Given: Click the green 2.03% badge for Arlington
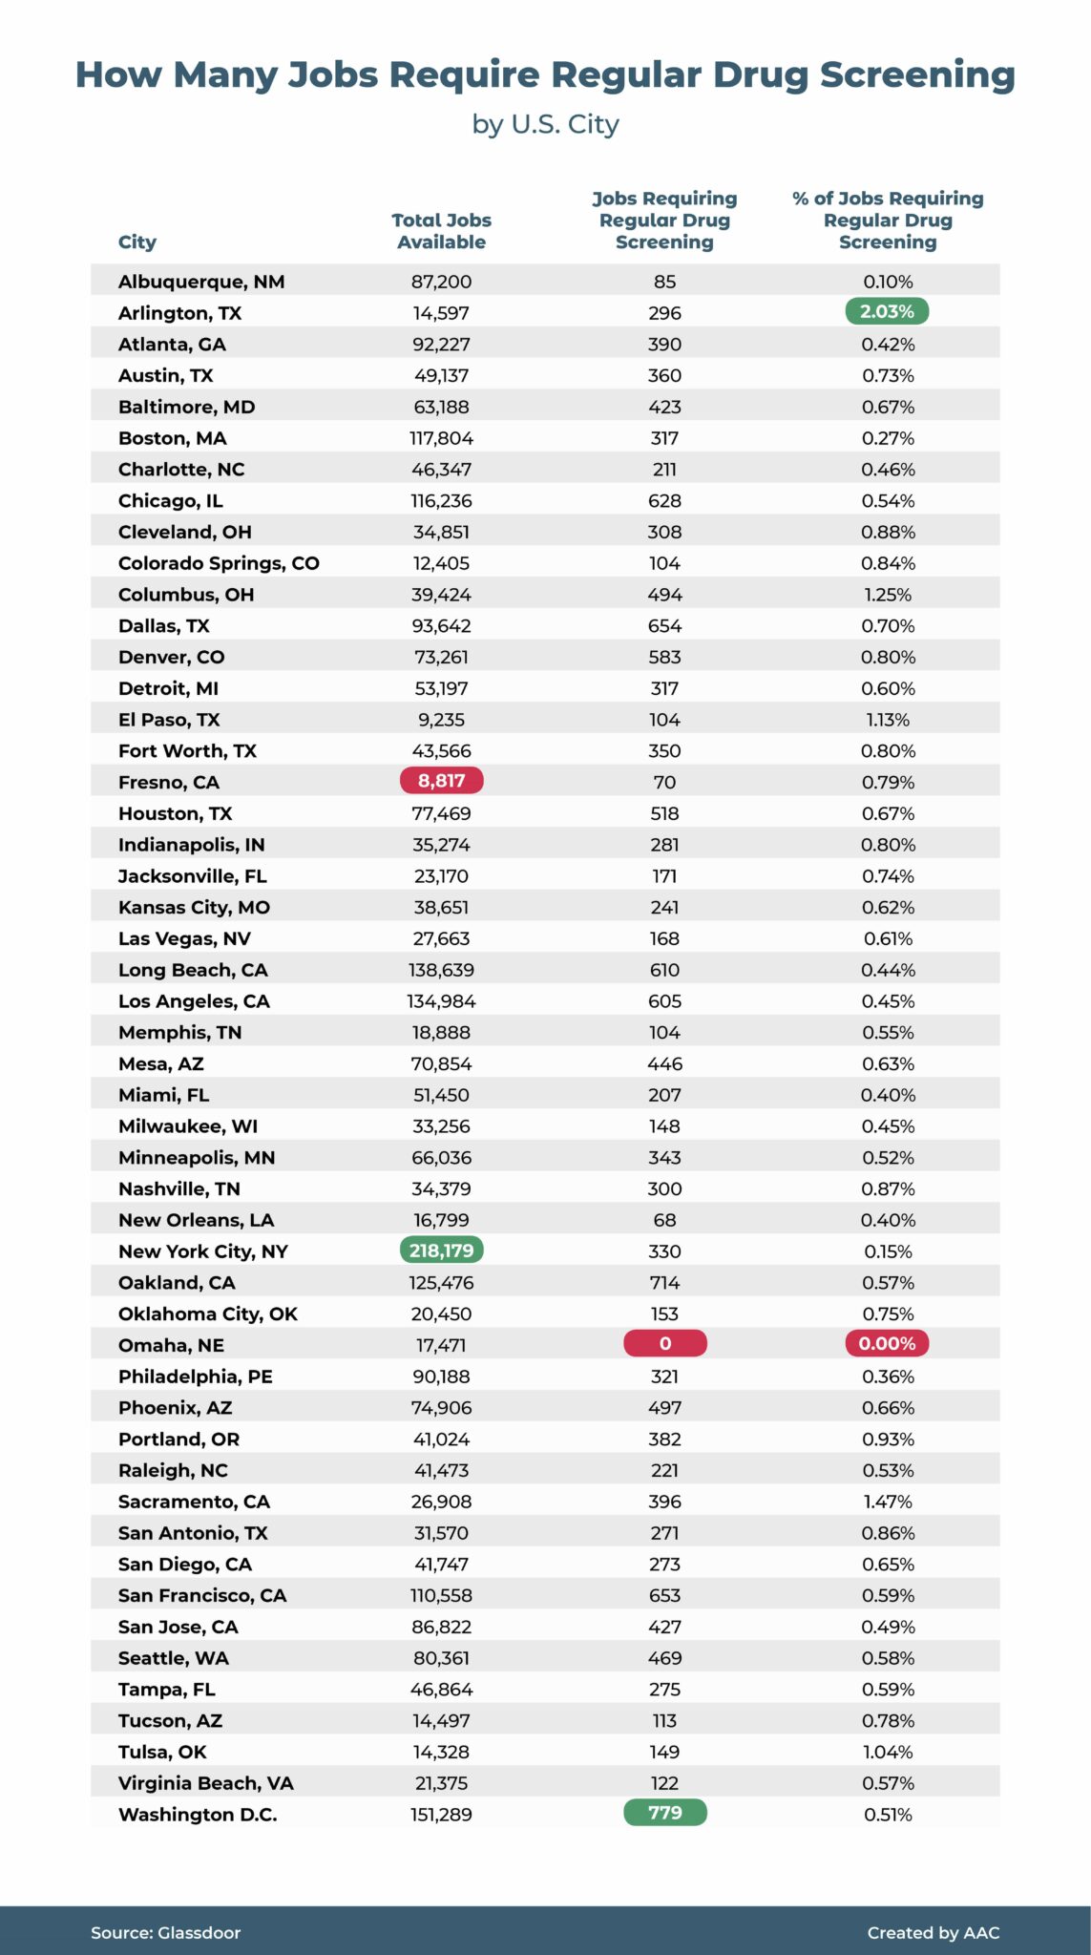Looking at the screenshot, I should [887, 311].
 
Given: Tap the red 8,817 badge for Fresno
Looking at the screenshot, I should [441, 781].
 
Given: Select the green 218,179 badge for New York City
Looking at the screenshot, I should [441, 1251].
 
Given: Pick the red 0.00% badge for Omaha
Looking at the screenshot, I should [887, 1344].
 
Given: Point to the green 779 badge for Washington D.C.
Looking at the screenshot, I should [664, 1813].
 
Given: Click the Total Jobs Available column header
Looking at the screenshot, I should [441, 231].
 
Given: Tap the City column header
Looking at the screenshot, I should [137, 242].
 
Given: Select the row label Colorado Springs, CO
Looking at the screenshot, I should [219, 563].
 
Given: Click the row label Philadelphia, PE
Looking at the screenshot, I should [196, 1377].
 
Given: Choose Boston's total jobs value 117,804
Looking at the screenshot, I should [441, 438].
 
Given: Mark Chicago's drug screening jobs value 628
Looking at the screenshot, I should [664, 501].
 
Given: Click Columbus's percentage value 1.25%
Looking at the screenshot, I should [888, 595].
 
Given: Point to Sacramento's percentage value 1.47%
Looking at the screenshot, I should [888, 1502].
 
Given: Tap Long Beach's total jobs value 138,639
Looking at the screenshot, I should [441, 970].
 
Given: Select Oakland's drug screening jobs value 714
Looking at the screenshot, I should [664, 1283].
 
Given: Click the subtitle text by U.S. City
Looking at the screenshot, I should [545, 124].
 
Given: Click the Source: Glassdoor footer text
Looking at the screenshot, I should [166, 1933].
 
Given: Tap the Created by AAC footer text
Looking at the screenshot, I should [933, 1933].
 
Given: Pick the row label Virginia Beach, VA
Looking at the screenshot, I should [205, 1783].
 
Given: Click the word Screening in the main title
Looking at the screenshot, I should [917, 75].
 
